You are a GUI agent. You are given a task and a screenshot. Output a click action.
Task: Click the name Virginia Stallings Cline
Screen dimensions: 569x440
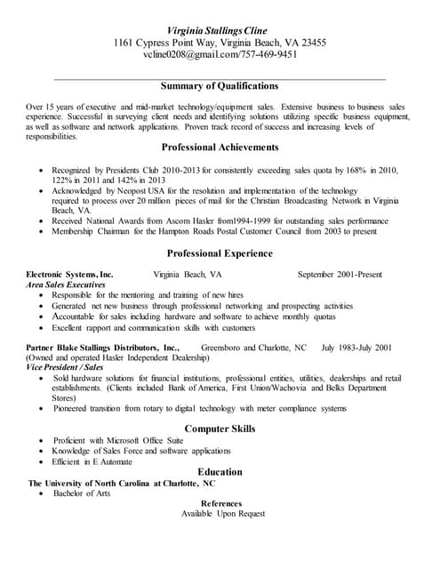(220, 29)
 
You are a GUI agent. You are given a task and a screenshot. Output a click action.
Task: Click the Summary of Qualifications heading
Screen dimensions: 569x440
(220, 86)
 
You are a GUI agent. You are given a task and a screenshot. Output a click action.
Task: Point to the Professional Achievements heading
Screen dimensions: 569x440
(220, 148)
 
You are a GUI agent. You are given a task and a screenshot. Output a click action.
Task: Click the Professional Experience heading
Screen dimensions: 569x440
(220, 253)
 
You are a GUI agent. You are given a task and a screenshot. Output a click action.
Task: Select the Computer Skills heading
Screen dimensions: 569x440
(220, 429)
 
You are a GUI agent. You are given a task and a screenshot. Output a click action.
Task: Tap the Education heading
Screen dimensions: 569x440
(220, 472)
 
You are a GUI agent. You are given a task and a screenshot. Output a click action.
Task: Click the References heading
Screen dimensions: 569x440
(220, 503)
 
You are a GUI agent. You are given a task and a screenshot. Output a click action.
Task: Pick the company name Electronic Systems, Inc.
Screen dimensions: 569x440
(70, 275)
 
